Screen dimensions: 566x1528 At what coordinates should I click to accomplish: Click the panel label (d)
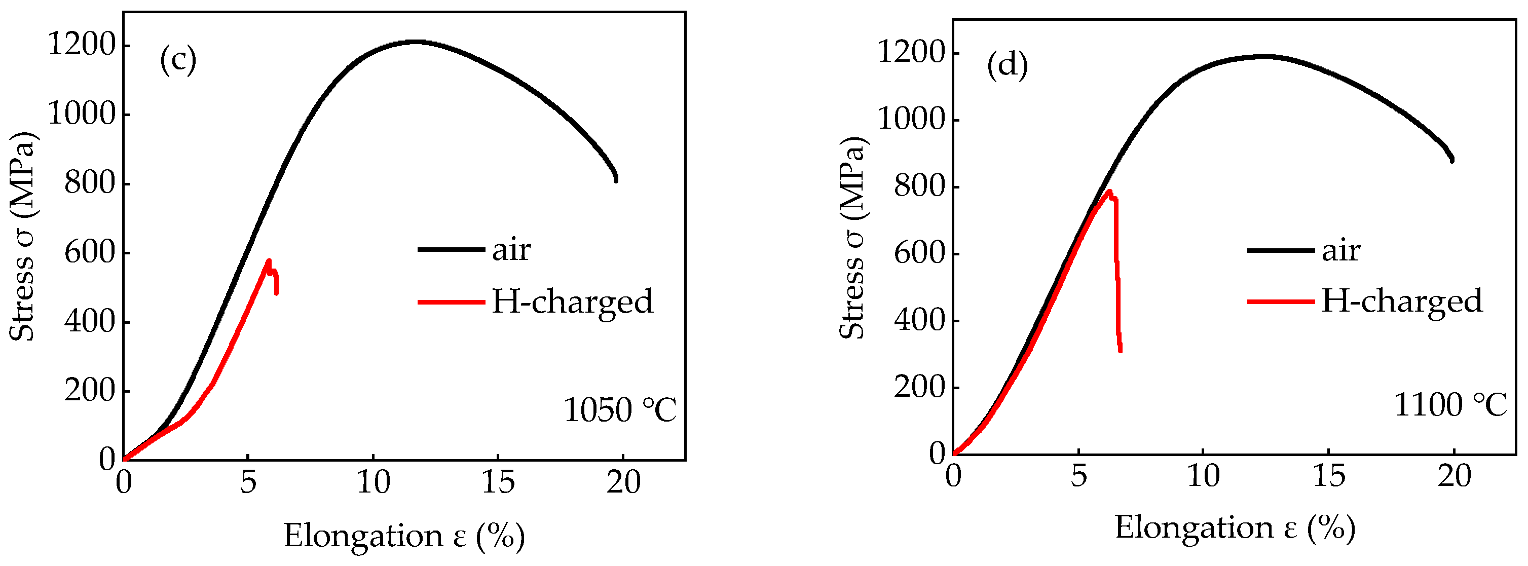click(x=1007, y=65)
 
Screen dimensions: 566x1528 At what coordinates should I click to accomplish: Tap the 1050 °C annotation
click(x=620, y=410)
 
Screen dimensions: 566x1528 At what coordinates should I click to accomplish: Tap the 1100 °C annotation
click(x=1450, y=405)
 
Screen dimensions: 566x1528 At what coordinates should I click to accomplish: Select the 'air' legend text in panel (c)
click(x=511, y=250)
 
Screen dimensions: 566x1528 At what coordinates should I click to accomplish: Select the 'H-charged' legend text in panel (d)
click(x=1402, y=301)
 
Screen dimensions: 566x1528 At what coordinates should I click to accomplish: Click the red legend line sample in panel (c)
click(x=451, y=302)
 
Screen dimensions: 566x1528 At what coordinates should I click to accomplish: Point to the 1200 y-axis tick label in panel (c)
click(x=81, y=45)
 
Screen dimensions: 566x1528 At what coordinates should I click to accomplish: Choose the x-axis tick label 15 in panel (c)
click(x=498, y=482)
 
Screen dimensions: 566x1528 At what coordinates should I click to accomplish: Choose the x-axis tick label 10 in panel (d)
click(x=1203, y=476)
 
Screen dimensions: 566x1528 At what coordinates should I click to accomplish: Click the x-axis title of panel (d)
click(x=1235, y=527)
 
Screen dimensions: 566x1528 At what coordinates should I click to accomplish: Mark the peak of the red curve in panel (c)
click(x=269, y=261)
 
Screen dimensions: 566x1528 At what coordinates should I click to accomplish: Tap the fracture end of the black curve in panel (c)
click(x=616, y=179)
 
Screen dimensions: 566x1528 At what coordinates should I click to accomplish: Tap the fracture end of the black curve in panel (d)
click(x=1451, y=160)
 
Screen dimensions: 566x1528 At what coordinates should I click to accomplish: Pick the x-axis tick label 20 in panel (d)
click(x=1455, y=476)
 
